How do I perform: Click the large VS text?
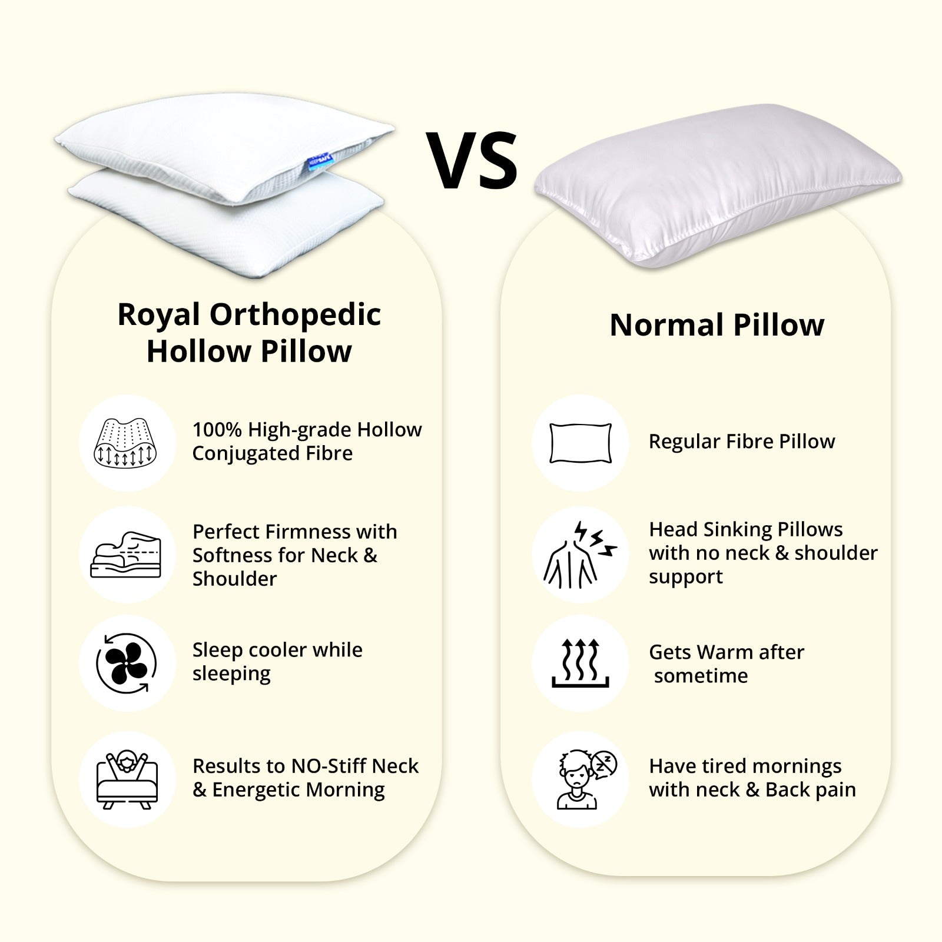[x=472, y=160]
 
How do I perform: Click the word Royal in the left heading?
[x=158, y=316]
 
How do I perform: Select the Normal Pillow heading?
[x=717, y=324]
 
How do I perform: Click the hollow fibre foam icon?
[x=125, y=442]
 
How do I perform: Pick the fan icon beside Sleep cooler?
[x=127, y=663]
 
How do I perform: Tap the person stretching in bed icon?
[x=127, y=780]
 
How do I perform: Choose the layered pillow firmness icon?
[x=126, y=555]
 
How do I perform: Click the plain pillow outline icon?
[x=581, y=443]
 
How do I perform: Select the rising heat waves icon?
[x=581, y=663]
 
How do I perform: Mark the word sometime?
[x=701, y=676]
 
